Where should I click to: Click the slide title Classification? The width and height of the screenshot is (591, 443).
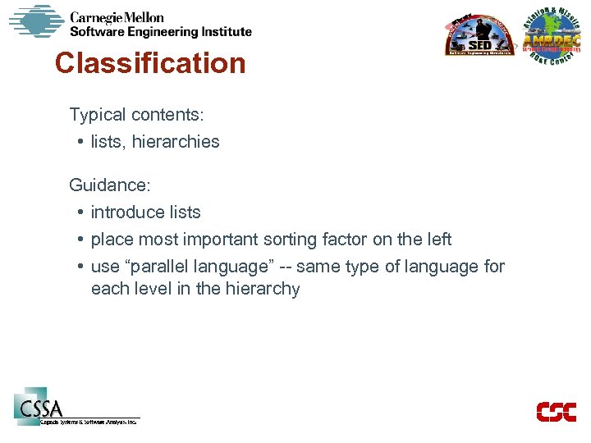(150, 63)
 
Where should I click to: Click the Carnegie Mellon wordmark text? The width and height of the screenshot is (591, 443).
(117, 17)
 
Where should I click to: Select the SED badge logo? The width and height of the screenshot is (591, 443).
(479, 37)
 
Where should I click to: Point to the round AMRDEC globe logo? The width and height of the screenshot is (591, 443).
(552, 39)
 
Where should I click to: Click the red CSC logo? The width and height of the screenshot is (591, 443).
(556, 411)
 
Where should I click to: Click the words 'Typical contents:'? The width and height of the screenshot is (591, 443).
(136, 115)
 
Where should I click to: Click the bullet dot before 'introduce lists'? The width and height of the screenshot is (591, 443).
(82, 212)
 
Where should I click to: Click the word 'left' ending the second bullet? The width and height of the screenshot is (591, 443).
(438, 240)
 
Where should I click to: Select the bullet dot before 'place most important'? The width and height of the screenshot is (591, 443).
(82, 240)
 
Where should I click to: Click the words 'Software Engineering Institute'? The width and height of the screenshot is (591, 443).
(161, 32)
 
